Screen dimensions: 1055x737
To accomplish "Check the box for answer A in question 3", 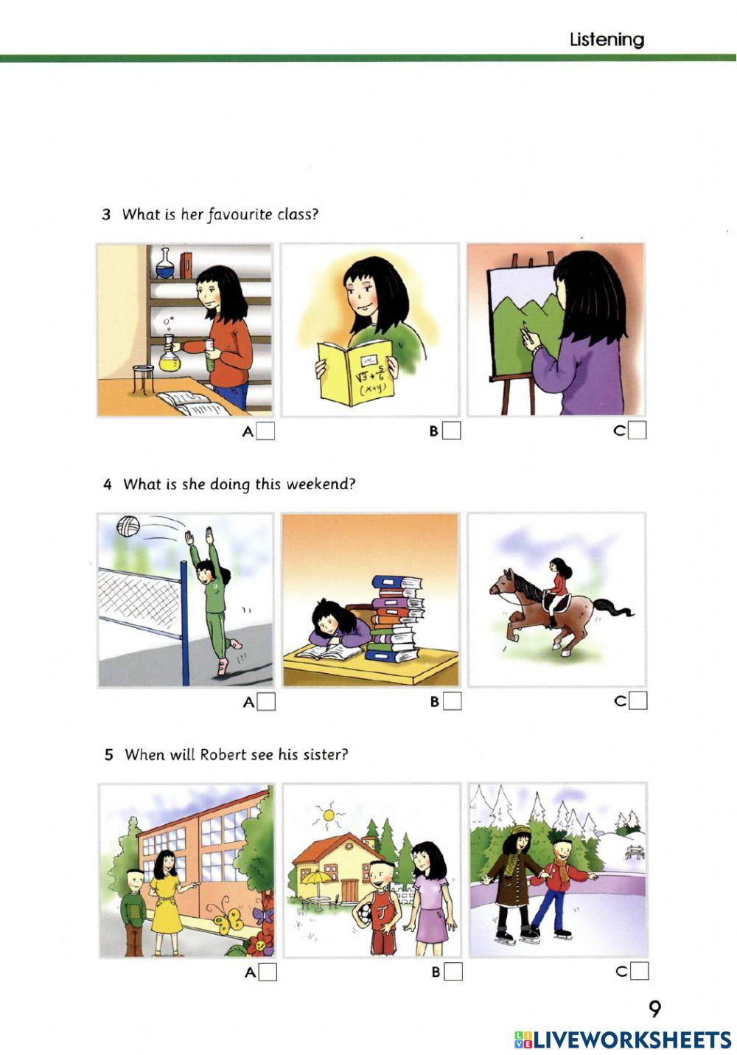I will pos(265,431).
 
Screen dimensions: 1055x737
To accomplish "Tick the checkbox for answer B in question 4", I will pos(453,701).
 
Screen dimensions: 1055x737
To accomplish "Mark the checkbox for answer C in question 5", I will pos(639,971).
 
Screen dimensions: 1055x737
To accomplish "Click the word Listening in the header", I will pos(607,40).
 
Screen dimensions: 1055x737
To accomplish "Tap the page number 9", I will pos(654,1008).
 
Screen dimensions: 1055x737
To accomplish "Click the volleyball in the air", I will pos(128,526).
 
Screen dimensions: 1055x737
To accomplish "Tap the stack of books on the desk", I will pos(397,619).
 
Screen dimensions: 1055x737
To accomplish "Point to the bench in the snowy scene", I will pos(633,852).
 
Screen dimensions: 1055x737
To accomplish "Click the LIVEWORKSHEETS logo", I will pos(623,1040).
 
